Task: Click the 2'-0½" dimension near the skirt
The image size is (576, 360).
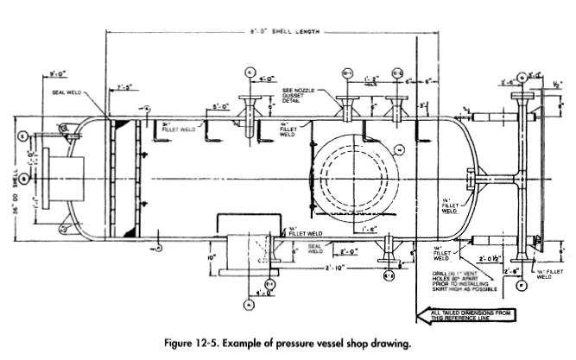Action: point(491,257)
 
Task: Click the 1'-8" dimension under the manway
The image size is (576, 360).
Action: point(369,229)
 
